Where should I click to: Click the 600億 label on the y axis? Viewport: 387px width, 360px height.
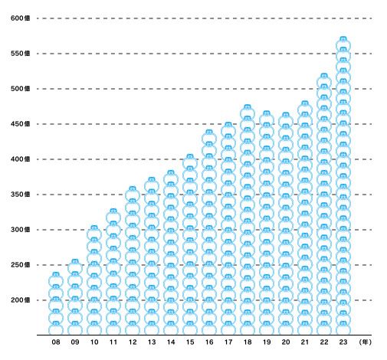click(x=20, y=18)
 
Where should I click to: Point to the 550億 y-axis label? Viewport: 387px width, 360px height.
click(x=20, y=54)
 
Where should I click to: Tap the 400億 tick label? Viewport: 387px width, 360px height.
click(x=20, y=159)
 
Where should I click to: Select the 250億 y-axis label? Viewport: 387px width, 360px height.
click(x=20, y=265)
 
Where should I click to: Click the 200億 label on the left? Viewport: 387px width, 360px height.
click(x=20, y=300)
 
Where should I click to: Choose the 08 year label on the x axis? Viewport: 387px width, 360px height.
click(x=56, y=342)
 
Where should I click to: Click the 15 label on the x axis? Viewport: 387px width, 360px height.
click(x=190, y=342)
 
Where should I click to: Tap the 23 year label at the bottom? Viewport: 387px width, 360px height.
click(x=343, y=342)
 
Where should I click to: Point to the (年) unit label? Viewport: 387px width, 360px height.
click(x=365, y=342)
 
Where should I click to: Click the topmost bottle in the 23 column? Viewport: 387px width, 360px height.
click(x=343, y=44)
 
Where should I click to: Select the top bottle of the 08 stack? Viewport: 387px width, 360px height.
click(x=56, y=280)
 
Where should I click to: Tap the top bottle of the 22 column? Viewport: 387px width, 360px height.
click(x=324, y=80)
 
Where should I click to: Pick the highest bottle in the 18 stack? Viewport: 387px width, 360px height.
click(x=248, y=112)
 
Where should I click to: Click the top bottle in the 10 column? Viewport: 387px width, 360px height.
click(x=94, y=233)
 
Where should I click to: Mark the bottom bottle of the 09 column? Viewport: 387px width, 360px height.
click(x=75, y=328)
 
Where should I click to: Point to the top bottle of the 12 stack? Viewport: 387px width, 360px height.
click(x=133, y=194)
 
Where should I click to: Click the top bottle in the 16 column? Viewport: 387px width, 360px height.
click(x=209, y=137)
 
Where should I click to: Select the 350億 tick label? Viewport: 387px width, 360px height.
click(x=20, y=195)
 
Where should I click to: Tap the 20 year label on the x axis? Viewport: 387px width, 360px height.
click(x=286, y=342)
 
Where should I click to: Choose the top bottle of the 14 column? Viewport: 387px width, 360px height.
click(x=171, y=178)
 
